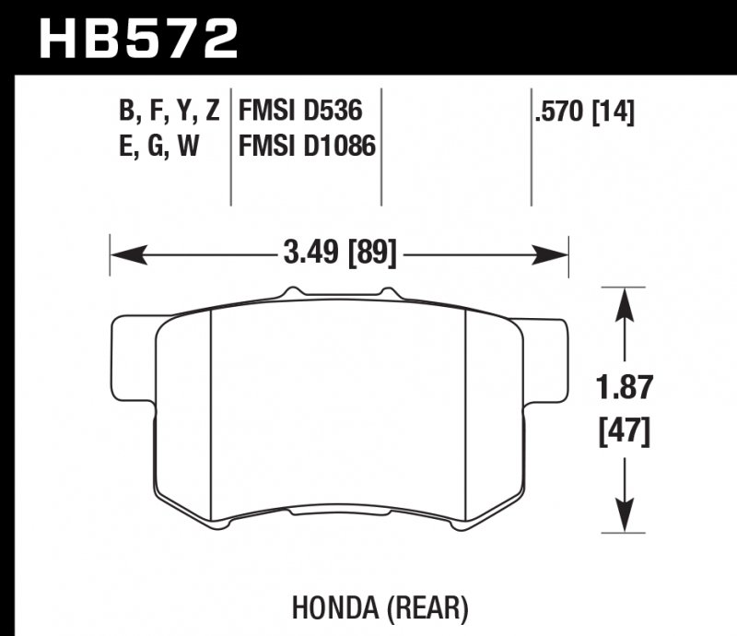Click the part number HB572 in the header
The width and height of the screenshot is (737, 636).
click(137, 39)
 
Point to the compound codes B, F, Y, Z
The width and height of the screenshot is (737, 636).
click(169, 112)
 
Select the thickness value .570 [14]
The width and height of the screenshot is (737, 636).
click(583, 112)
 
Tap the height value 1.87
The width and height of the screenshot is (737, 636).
click(626, 388)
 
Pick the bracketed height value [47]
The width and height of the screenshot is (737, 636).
click(626, 429)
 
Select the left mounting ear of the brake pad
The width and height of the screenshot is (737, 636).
click(131, 359)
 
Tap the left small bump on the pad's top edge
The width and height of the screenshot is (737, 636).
click(290, 292)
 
